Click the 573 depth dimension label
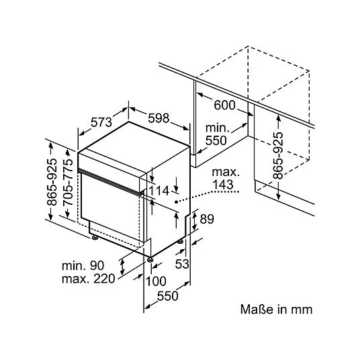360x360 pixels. (x=101, y=122)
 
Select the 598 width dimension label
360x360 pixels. (x=159, y=118)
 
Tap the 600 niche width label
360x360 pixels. (x=224, y=105)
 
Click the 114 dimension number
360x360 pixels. (x=159, y=191)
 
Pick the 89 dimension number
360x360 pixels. (x=207, y=219)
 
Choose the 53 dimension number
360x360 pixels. (x=182, y=264)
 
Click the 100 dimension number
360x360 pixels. (x=156, y=281)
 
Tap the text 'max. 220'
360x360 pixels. (x=88, y=279)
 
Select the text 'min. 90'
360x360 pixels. (x=83, y=266)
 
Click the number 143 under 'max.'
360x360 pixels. (x=223, y=184)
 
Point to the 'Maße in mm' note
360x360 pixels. (x=276, y=309)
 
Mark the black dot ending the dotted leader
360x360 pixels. (x=176, y=201)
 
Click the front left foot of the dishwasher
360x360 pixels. (x=95, y=237)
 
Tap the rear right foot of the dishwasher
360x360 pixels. (x=181, y=241)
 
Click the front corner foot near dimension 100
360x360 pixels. (x=150, y=259)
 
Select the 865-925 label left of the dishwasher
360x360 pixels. (x=52, y=181)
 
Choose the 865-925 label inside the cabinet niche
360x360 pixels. (x=278, y=155)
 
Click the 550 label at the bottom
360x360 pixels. (x=168, y=296)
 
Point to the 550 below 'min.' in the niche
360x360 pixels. (x=216, y=140)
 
